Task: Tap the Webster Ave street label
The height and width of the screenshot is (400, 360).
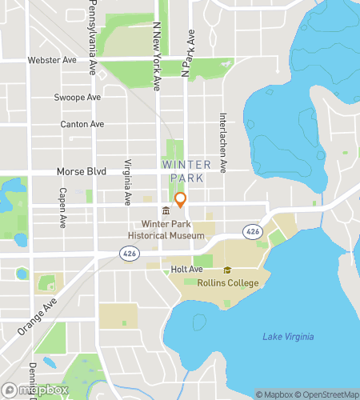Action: tap(52, 60)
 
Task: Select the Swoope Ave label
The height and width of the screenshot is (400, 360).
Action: tap(78, 98)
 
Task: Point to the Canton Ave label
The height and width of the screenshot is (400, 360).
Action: tap(82, 125)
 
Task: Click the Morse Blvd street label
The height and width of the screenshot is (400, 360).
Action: tap(81, 172)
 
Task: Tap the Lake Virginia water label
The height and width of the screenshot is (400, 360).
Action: tap(288, 337)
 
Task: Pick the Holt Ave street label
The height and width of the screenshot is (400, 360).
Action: tap(185, 269)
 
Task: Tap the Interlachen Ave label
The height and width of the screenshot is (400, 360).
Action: tap(224, 141)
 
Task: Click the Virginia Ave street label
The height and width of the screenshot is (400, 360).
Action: tap(127, 182)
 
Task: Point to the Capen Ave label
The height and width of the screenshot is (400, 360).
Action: tap(61, 206)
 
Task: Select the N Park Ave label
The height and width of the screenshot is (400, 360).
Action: tap(187, 53)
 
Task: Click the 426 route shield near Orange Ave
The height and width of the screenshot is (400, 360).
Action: tap(127, 253)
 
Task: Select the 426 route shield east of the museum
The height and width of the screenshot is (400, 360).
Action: tap(253, 231)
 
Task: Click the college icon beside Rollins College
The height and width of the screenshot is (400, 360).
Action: tap(227, 270)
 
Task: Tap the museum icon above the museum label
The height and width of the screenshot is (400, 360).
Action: tap(165, 210)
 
